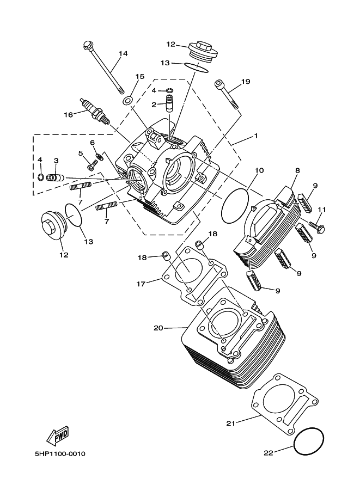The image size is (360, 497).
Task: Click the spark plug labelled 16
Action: tap(95, 111)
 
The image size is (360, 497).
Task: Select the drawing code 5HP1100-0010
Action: tap(60, 454)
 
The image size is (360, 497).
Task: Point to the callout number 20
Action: tap(158, 328)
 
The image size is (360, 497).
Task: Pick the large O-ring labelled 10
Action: tap(235, 206)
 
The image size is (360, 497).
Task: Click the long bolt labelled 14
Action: tap(103, 68)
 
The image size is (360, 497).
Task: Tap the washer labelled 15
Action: tap(128, 101)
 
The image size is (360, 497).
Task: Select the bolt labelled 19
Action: tap(227, 95)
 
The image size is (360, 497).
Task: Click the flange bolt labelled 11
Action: tap(316, 227)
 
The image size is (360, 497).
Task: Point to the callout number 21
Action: tap(231, 423)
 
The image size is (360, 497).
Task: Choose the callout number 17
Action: tap(141, 284)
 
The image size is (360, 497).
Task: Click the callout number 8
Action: tap(297, 170)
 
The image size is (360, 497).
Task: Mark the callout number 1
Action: tap(255, 136)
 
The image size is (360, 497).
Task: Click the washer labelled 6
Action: tap(99, 156)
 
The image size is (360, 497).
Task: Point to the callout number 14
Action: tap(123, 53)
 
